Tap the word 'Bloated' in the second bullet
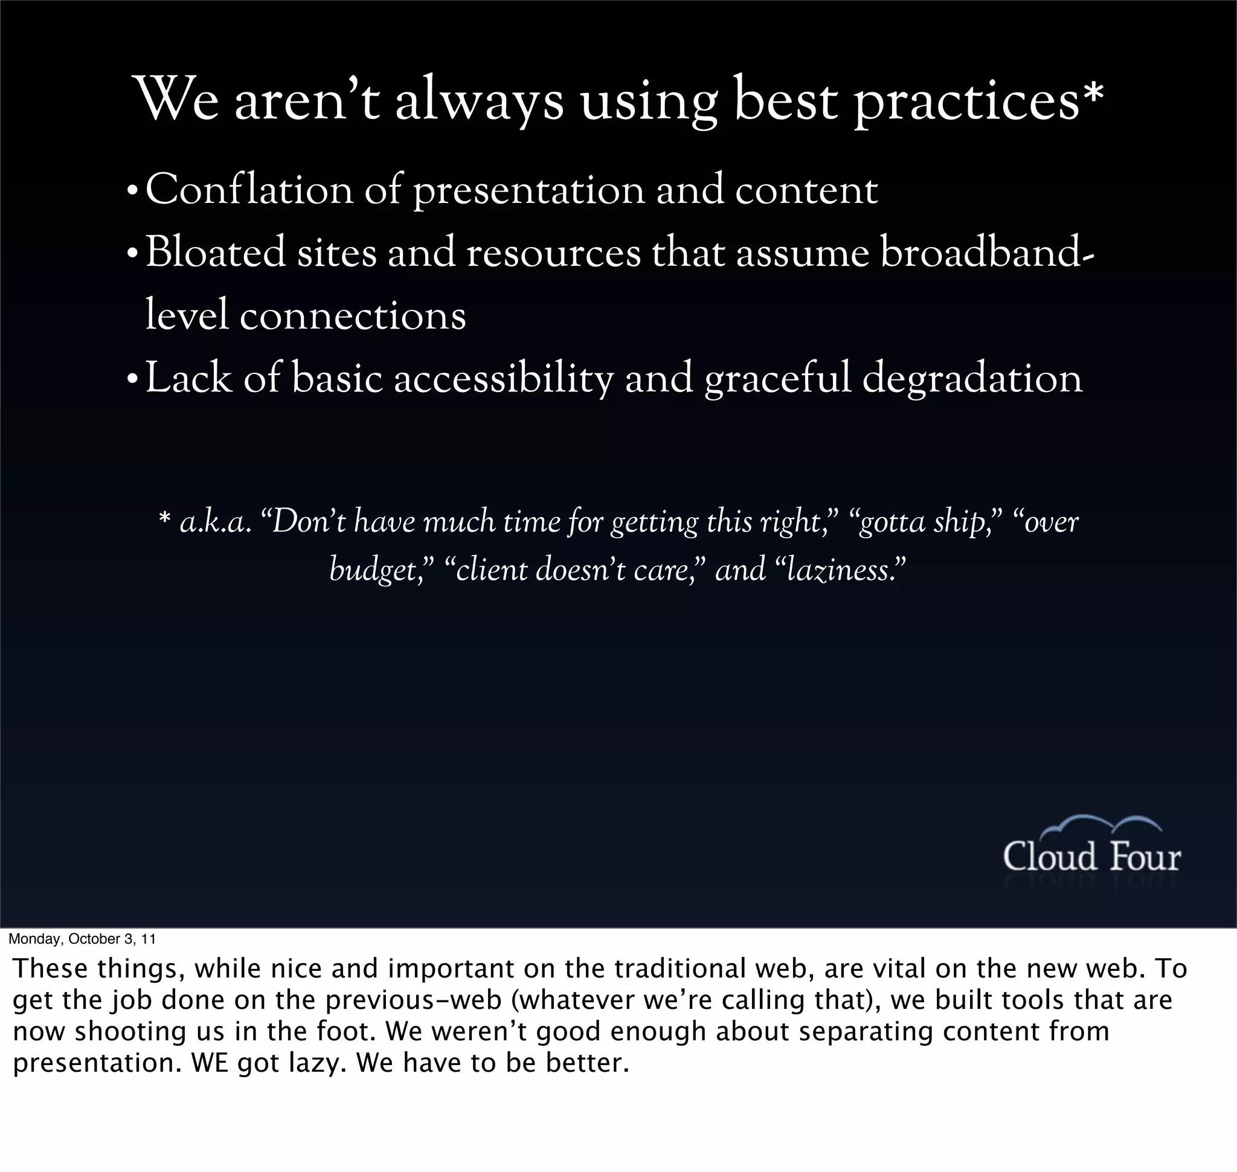(215, 253)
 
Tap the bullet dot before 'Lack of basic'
(132, 381)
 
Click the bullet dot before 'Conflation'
(132, 192)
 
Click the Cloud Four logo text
(1091, 857)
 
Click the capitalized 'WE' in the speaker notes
(210, 1063)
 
